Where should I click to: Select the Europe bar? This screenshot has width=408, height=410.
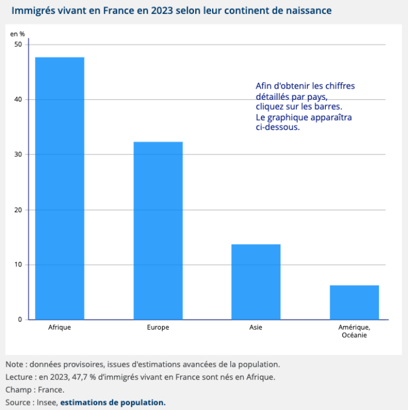point(158,230)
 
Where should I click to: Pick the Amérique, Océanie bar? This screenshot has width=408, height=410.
point(354,302)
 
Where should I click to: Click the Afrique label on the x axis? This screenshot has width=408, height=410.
point(59,327)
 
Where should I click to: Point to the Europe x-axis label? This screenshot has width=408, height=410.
point(158,327)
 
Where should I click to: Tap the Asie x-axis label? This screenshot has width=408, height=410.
point(256,327)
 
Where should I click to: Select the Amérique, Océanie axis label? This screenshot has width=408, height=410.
point(354,331)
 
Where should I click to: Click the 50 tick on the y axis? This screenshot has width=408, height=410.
point(18,44)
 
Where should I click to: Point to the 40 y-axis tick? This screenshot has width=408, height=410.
point(18,99)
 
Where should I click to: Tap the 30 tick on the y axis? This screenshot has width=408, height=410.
point(18,155)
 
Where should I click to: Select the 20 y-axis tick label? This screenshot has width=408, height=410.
point(18,209)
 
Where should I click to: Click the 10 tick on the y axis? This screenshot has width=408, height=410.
point(18,264)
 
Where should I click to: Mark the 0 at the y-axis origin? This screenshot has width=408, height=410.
point(20,320)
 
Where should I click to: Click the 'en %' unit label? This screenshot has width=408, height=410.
point(17,33)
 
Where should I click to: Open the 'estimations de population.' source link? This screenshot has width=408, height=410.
point(113,402)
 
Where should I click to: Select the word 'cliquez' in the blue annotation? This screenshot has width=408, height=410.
point(270,107)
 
